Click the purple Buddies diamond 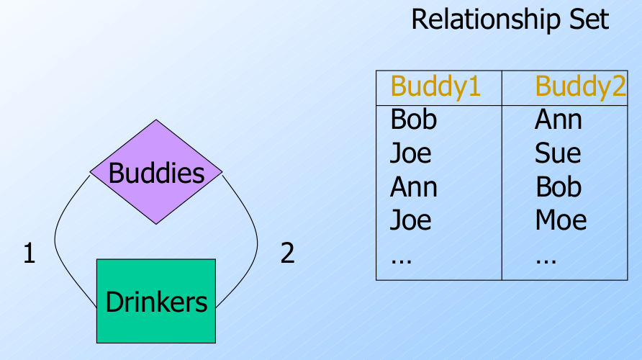click(156, 172)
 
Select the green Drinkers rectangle click(156, 301)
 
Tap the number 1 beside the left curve click(29, 253)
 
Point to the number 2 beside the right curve click(287, 253)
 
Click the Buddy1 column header click(435, 86)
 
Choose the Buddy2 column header click(580, 86)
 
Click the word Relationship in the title click(484, 19)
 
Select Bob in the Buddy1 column click(413, 120)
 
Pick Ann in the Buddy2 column click(558, 120)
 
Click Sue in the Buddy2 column click(557, 153)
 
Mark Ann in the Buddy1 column click(413, 187)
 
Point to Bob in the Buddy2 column click(559, 187)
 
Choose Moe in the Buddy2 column click(561, 220)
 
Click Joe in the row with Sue click(410, 153)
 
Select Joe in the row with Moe click(410, 220)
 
